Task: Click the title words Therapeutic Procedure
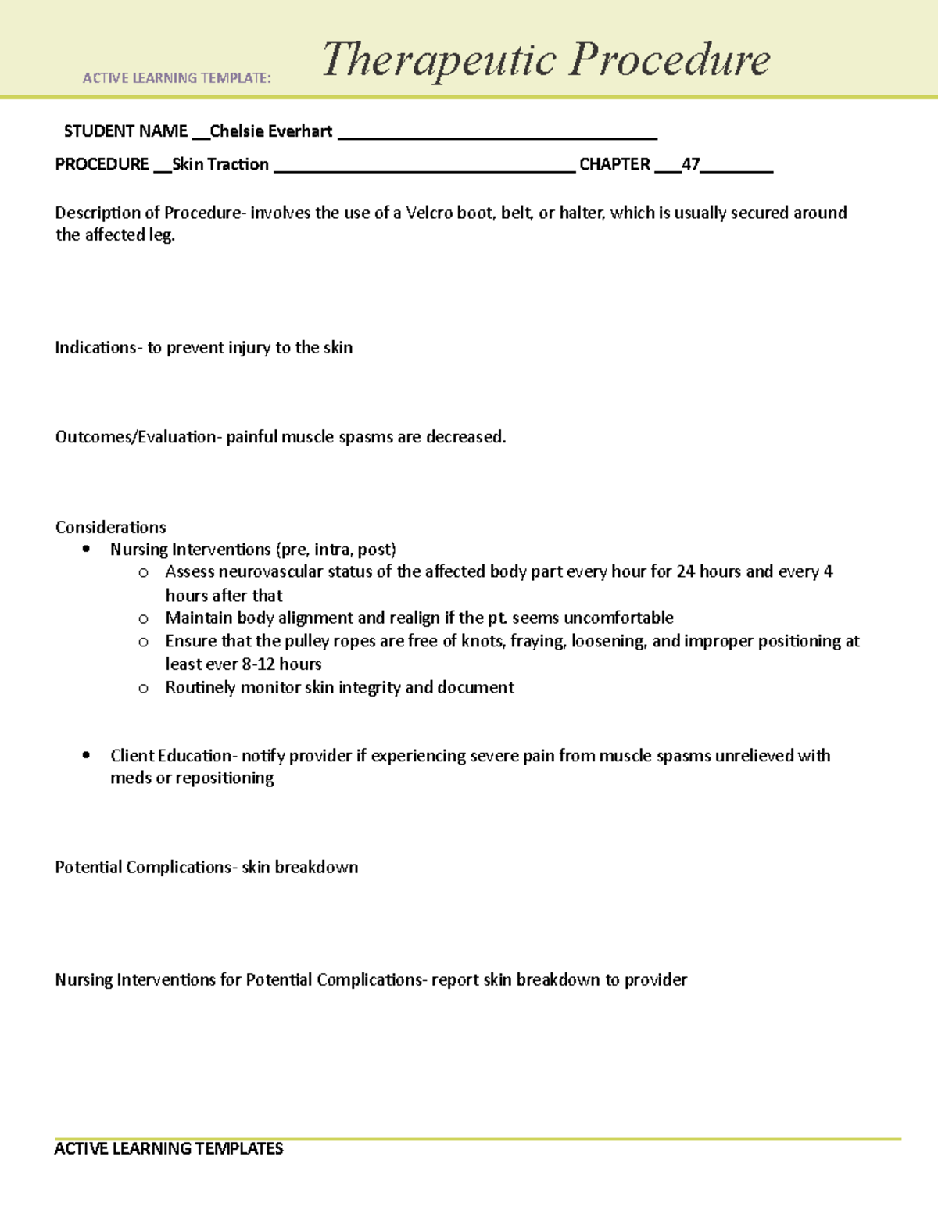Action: tap(546, 59)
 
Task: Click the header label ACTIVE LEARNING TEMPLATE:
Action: tap(177, 78)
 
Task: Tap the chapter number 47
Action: tap(690, 164)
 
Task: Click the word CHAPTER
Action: tap(614, 164)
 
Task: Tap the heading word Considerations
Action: tap(110, 527)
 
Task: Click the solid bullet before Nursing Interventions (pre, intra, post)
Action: tap(86, 550)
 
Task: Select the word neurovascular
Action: tap(270, 571)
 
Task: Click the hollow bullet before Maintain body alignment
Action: tap(143, 619)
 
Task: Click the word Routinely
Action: tap(200, 687)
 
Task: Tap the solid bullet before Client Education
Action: tap(86, 756)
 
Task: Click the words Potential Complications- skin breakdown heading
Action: tap(206, 867)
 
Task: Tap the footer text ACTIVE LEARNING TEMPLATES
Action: tap(168, 1148)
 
